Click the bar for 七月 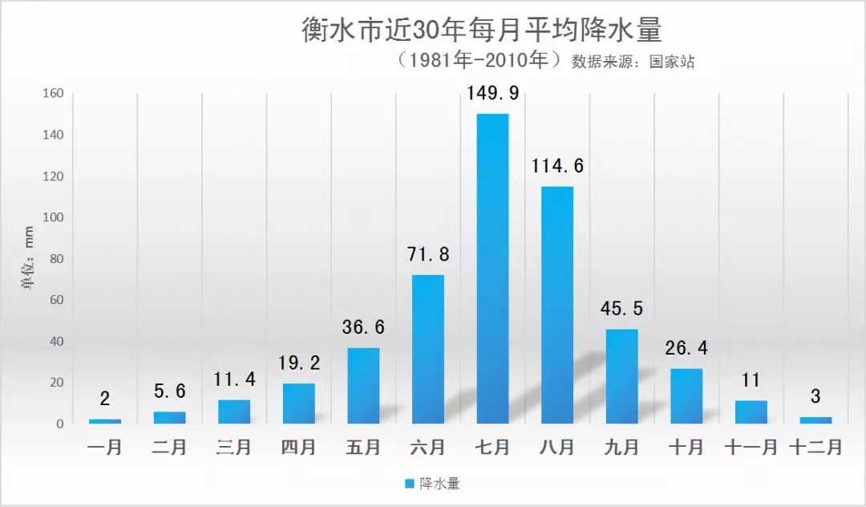(492, 268)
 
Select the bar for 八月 (557, 305)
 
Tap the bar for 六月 (427, 349)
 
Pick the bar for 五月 (363, 385)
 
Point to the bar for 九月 (621, 376)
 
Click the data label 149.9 (492, 94)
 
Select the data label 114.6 (557, 167)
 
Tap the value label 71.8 (427, 255)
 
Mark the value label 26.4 (686, 349)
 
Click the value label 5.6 (169, 392)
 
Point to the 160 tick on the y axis (52, 93)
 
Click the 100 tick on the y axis (52, 217)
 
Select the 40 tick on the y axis (55, 341)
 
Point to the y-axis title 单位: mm (28, 258)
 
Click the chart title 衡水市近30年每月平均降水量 (481, 30)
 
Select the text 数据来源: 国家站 (633, 62)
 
